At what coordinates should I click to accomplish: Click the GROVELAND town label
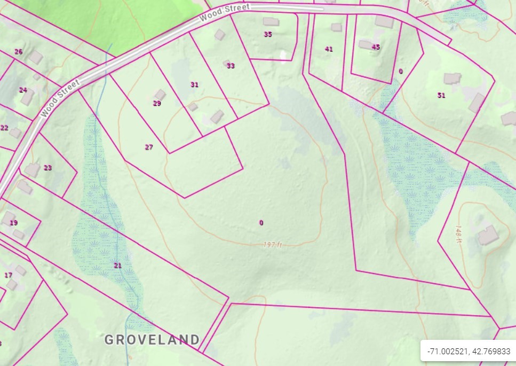[x=152, y=339]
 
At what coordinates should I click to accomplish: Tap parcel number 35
[x=268, y=34]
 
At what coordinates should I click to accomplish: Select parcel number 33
[x=231, y=66]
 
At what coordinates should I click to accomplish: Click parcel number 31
[x=194, y=84]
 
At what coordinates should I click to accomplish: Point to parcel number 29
[x=157, y=103]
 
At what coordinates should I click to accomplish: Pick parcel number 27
[x=149, y=147]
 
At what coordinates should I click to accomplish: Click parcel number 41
[x=329, y=49]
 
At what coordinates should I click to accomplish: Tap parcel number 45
[x=376, y=47]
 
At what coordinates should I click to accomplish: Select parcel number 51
[x=441, y=95]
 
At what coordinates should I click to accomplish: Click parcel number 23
[x=48, y=167]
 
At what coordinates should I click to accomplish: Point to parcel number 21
[x=118, y=265]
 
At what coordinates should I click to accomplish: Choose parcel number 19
[x=14, y=222]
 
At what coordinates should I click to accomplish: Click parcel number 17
[x=8, y=275]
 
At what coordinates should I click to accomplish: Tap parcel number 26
[x=19, y=52]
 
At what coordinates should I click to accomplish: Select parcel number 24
[x=23, y=90]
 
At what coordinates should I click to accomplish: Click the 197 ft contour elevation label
[x=272, y=245]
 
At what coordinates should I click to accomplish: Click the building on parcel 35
[x=271, y=22]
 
